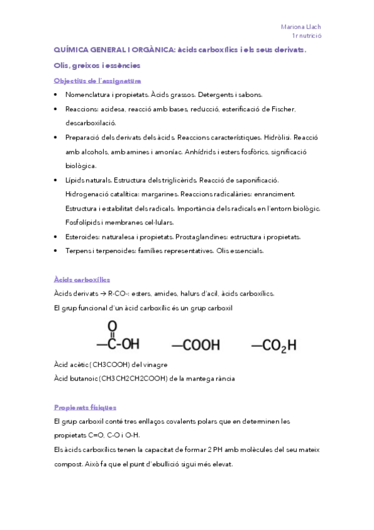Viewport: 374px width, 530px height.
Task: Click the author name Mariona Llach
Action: point(301,27)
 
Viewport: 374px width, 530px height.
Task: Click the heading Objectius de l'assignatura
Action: point(97,81)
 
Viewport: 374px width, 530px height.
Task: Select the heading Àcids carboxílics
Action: point(82,279)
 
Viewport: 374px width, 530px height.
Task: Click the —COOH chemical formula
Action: point(196,344)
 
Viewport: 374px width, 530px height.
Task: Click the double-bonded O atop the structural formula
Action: point(112,326)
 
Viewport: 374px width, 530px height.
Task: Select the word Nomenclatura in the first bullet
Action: point(85,95)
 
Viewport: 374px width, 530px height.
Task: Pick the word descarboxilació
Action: point(91,123)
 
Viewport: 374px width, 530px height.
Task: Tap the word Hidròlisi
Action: point(274,137)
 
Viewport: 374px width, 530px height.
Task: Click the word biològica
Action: point(81,166)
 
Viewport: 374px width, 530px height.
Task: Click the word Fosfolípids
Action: point(82,222)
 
